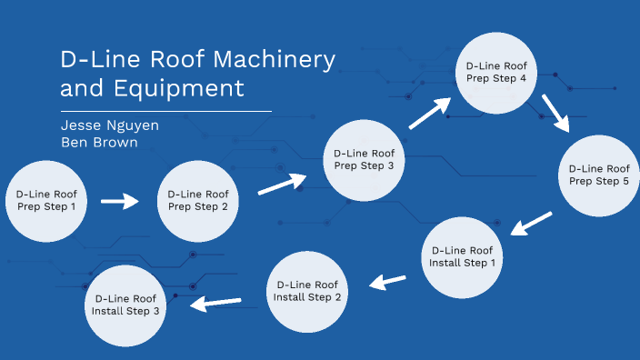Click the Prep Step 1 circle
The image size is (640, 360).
(x=47, y=200)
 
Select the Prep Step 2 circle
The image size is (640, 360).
(x=198, y=200)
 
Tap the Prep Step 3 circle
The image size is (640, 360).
(x=364, y=159)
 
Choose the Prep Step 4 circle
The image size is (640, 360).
(x=495, y=73)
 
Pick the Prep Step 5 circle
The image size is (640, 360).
(x=598, y=175)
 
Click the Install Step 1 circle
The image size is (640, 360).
(x=462, y=256)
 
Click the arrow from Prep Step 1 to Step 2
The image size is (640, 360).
(x=119, y=201)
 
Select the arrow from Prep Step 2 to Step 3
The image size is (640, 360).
(x=281, y=184)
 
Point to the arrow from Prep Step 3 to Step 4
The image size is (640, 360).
(x=429, y=113)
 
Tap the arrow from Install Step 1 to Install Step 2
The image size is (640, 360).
(x=388, y=282)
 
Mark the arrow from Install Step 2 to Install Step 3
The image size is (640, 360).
(x=215, y=302)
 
